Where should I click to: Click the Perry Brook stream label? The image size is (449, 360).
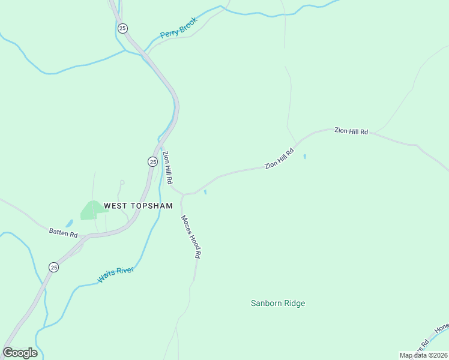pos(179,28)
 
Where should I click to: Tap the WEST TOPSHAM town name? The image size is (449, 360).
pos(138,206)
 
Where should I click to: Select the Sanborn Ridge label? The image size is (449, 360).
pos(278,304)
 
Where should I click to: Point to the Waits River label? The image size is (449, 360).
pos(116,275)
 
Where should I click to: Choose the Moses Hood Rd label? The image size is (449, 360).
pos(190,237)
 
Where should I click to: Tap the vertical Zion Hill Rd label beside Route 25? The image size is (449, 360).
pos(168,167)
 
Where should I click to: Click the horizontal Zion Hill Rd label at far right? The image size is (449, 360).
pos(351,131)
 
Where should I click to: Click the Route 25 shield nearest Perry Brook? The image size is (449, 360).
pos(122,28)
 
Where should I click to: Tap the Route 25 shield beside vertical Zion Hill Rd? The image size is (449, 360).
pos(152,161)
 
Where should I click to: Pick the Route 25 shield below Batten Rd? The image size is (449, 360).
pos(53,267)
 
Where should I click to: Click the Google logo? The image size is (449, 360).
pos(20,353)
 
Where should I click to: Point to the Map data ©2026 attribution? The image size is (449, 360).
pos(423,355)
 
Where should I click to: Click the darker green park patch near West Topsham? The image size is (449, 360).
pos(90,210)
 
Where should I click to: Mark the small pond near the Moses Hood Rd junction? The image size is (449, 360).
pos(205,192)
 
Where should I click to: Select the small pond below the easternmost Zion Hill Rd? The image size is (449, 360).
pos(305,157)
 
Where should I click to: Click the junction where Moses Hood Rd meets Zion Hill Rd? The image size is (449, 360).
pos(182,194)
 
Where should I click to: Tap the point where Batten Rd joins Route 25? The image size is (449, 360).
pos(89,236)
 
